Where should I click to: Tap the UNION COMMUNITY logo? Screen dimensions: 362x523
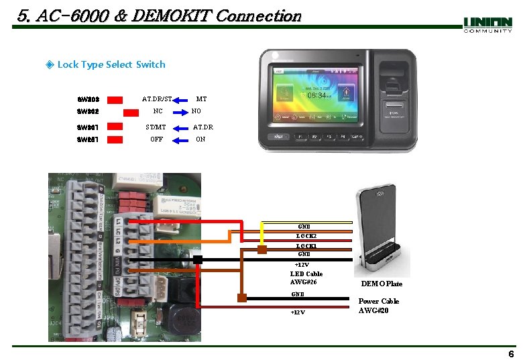[487, 25]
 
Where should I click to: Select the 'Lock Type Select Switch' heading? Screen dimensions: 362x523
[111, 64]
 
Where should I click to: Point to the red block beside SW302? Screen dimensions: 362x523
[116, 111]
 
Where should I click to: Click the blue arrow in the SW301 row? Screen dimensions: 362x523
[179, 127]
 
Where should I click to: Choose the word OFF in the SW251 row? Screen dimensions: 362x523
[157, 139]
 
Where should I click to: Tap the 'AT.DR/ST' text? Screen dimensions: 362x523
[157, 99]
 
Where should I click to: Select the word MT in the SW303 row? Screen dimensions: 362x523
[201, 99]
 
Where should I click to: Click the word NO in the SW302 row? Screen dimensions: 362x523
[196, 111]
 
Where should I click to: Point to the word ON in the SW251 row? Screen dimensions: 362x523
[200, 139]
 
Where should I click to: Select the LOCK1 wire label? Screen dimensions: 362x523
[306, 245]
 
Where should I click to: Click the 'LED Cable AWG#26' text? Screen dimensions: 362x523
[306, 278]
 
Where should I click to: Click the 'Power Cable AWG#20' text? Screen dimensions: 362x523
[379, 306]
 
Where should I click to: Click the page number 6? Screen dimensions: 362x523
[511, 354]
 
